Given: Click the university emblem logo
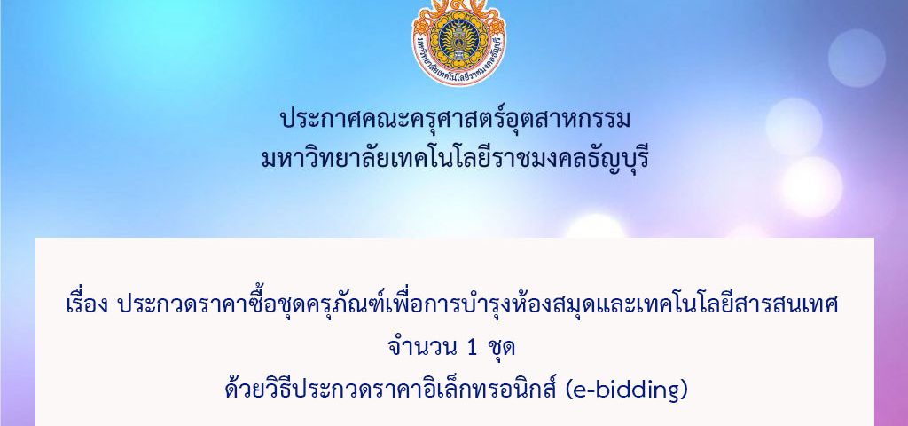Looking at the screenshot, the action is click(x=458, y=42).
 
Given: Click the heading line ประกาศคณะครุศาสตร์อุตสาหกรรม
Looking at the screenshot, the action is click(x=455, y=120).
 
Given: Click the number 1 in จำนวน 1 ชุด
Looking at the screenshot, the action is click(x=471, y=348).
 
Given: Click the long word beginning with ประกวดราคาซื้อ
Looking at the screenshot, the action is click(x=478, y=304).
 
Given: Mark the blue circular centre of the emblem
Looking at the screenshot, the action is click(x=458, y=40).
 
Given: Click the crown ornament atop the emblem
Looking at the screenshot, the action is click(x=458, y=7).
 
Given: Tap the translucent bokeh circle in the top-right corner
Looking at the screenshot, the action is click(x=857, y=58).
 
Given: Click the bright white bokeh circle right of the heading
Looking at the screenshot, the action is click(x=812, y=186).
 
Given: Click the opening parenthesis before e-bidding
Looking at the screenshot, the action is click(x=568, y=391).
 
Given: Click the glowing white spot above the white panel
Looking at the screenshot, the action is click(x=595, y=226).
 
